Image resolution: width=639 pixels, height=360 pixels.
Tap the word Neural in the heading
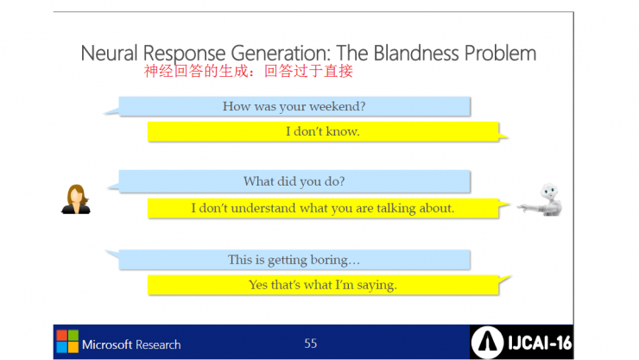click(109, 54)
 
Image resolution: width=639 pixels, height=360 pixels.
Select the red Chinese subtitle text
click(248, 71)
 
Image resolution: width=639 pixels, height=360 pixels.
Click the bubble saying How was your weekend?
click(294, 106)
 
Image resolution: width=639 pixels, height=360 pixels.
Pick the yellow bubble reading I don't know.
click(323, 131)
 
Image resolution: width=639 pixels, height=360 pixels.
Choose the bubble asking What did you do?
click(294, 181)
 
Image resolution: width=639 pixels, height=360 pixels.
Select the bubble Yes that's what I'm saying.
click(323, 285)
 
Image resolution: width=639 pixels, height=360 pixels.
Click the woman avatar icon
click(76, 199)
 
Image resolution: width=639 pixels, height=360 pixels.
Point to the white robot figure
click(541, 199)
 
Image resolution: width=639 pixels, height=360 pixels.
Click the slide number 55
click(311, 344)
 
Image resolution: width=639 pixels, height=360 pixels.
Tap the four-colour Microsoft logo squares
click(67, 341)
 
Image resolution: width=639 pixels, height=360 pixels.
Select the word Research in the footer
click(158, 345)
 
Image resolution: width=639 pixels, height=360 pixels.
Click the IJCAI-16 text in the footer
click(540, 343)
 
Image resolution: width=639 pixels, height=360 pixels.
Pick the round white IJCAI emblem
click(487, 343)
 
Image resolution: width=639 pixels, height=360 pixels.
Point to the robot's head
click(549, 191)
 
